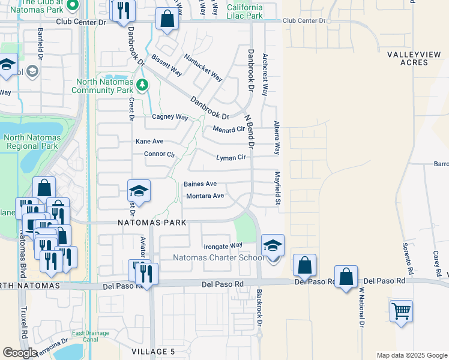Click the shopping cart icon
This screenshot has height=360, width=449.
click(401, 311)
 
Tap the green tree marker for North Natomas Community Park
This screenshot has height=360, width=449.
click(142, 84)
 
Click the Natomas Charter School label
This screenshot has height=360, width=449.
click(217, 258)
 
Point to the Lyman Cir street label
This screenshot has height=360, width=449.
click(231, 158)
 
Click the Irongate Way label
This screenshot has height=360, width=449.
click(223, 245)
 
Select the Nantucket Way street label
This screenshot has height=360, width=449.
click(203, 68)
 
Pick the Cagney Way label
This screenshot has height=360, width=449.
click(170, 118)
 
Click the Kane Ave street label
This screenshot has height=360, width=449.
click(149, 142)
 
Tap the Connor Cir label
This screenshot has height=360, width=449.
click(159, 154)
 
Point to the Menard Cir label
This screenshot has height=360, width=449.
click(229, 128)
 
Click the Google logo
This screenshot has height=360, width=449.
click(19, 353)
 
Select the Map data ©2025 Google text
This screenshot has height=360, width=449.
click(411, 355)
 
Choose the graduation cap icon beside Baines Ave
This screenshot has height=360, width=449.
click(139, 191)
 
